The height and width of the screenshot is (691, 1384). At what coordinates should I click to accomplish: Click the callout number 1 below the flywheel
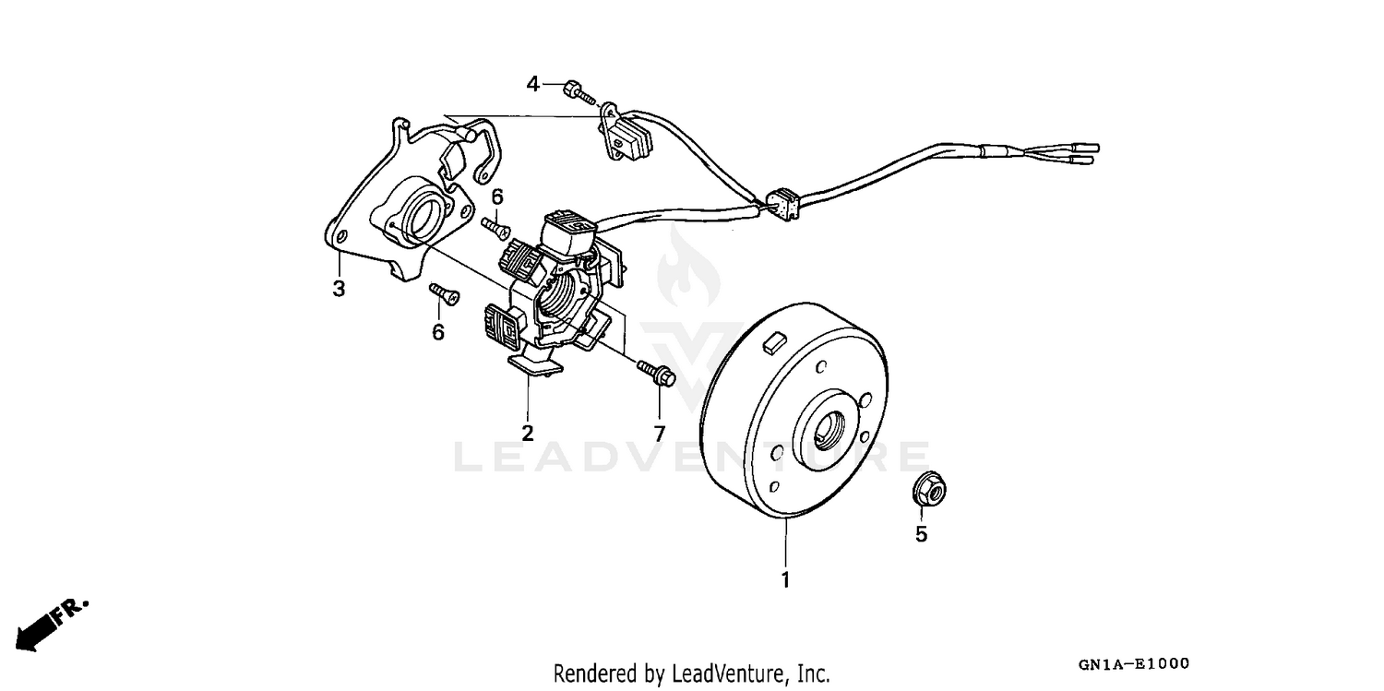tap(785, 581)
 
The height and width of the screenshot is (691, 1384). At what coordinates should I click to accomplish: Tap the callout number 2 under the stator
tap(528, 433)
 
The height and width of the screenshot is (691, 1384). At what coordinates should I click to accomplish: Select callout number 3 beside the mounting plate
tap(339, 289)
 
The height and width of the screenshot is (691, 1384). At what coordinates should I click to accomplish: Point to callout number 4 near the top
tap(532, 85)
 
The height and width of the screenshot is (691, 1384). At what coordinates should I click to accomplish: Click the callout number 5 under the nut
tap(921, 534)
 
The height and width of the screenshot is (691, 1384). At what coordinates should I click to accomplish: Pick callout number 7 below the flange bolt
tap(659, 433)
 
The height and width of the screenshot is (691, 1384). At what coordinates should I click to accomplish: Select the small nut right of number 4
tap(573, 89)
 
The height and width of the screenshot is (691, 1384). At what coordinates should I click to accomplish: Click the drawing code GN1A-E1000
tap(1132, 664)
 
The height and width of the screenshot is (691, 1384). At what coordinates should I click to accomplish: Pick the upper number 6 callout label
tap(497, 197)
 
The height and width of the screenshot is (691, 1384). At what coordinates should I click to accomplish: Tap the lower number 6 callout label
tap(437, 331)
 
